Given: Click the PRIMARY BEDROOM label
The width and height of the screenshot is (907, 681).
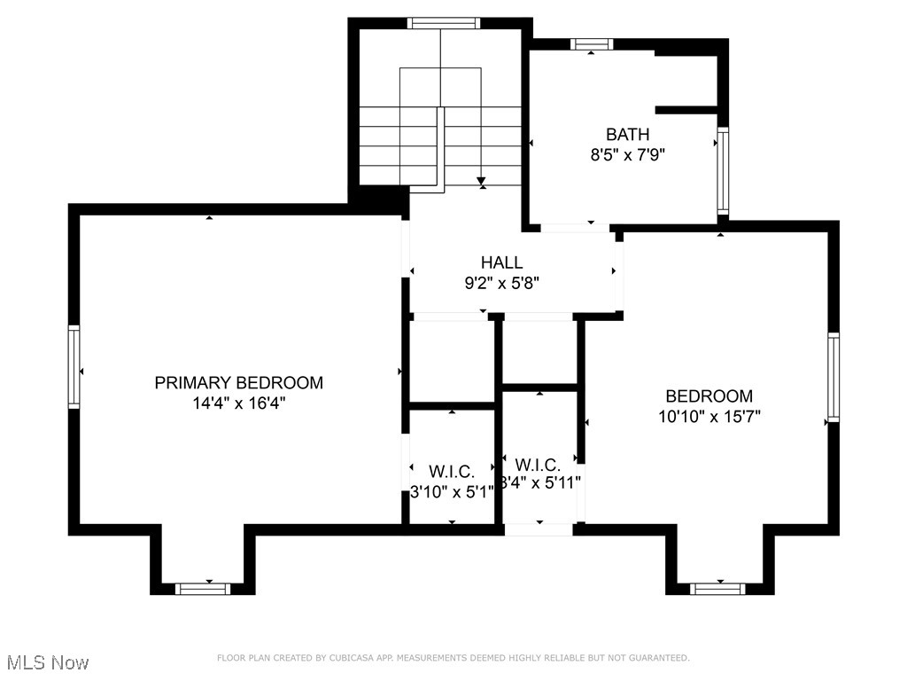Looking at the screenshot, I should coord(238,383).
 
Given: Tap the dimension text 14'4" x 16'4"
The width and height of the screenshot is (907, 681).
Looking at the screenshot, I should coord(238,403).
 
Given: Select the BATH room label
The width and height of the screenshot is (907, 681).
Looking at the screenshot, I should coord(627,135).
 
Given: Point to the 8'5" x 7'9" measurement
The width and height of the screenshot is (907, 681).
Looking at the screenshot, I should coord(627,154).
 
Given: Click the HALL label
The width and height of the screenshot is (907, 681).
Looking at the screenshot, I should coord(501,262).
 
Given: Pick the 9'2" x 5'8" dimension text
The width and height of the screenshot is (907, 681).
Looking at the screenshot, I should coord(501,283).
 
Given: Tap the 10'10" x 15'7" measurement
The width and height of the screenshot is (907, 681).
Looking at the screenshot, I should coord(709,415).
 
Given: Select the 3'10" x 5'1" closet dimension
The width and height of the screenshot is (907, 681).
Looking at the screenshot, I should coord(452,490).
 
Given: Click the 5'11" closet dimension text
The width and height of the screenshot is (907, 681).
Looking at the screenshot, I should coord(540,483).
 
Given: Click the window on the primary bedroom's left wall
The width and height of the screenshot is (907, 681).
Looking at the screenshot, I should coord(74,367).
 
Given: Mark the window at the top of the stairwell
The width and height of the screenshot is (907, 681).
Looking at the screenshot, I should coord(444,24).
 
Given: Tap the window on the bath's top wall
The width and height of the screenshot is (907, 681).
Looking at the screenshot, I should coord(592,43).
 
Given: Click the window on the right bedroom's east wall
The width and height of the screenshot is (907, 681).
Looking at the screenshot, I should coord(833,376).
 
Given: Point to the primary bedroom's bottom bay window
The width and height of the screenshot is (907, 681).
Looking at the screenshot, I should coord(203,588).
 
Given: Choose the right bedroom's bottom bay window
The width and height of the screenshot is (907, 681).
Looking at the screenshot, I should coord(717,588).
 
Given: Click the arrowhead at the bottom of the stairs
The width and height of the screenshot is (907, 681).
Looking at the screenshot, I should coord(482,183).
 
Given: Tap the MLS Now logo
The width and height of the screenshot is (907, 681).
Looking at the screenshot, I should coord(48,662).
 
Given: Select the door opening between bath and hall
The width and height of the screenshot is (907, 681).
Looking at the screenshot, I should coord(576,228).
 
